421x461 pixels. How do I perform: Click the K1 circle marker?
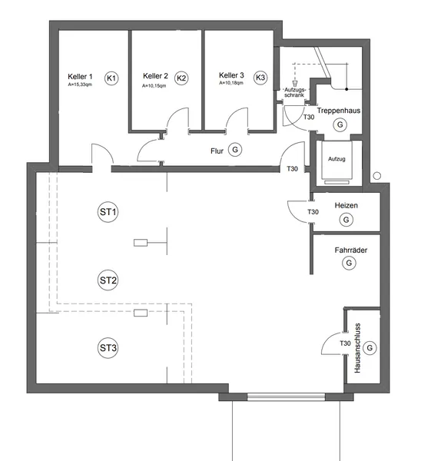(x=111, y=78)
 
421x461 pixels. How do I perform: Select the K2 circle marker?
(x=181, y=78)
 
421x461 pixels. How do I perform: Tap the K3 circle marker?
(x=260, y=78)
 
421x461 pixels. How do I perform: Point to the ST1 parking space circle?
(x=108, y=212)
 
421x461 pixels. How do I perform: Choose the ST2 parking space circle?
(x=108, y=280)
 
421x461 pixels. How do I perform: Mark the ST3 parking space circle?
(x=108, y=348)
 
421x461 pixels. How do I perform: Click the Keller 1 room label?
(x=80, y=77)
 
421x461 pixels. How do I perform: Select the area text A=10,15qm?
(x=154, y=86)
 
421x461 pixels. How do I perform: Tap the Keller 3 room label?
(x=231, y=75)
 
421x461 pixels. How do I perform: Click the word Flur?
(x=217, y=151)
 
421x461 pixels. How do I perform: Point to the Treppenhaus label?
(x=339, y=111)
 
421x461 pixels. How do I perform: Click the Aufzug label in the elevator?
(x=336, y=159)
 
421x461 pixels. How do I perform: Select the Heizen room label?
(x=346, y=205)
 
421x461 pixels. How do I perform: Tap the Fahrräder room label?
(x=351, y=250)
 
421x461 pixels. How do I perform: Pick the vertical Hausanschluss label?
(x=357, y=348)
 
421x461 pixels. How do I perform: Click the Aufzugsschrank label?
(x=294, y=92)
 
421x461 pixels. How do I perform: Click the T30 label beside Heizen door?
(x=313, y=212)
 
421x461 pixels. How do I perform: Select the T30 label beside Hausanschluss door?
(x=345, y=343)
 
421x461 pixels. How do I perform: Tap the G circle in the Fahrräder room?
(x=349, y=263)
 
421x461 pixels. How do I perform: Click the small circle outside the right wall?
(x=377, y=176)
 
